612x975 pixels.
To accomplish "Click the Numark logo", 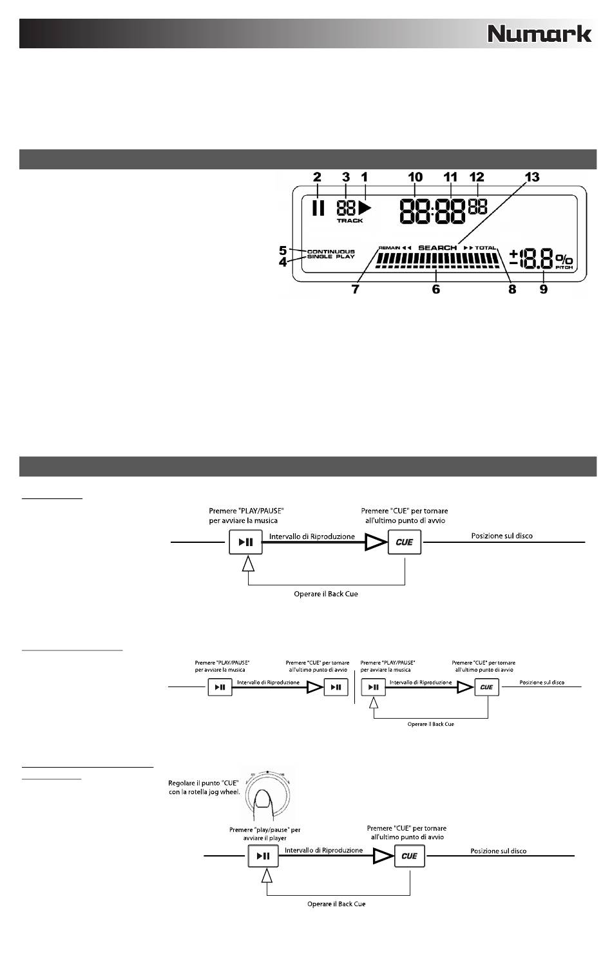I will click(539, 33).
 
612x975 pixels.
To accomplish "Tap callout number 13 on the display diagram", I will click(532, 177).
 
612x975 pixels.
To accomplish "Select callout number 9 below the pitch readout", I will click(544, 289).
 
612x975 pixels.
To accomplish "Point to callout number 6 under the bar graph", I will click(436, 289).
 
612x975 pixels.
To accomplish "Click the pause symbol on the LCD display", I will click(317, 208).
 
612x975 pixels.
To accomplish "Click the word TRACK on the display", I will click(350, 221).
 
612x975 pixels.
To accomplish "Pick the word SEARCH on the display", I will click(437, 248).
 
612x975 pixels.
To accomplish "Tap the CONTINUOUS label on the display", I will click(331, 251).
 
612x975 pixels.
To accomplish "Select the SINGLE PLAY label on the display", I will click(331, 257).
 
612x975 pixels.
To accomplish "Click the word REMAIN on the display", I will click(389, 248).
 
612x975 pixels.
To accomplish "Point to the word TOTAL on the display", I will click(486, 248).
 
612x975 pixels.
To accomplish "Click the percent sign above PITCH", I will click(564, 258).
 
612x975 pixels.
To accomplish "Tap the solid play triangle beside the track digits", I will click(365, 207).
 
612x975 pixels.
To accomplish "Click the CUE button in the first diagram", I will click(405, 542).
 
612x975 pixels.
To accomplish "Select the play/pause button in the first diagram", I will click(245, 542).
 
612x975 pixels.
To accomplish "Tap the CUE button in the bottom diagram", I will click(410, 856).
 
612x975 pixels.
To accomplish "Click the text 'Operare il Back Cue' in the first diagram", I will click(326, 594).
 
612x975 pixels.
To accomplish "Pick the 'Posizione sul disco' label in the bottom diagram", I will click(498, 851).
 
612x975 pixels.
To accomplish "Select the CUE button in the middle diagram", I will click(486, 687).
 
